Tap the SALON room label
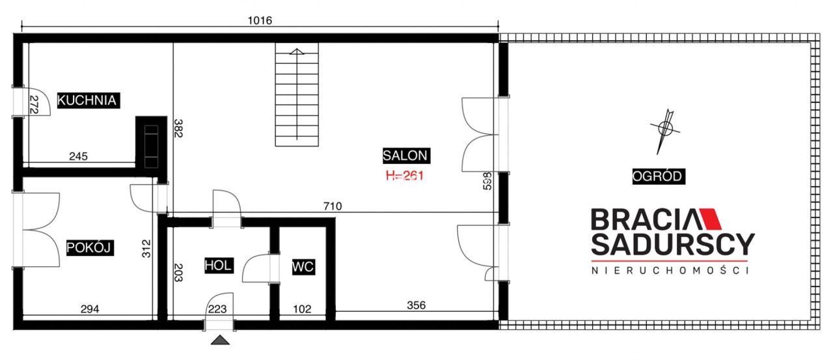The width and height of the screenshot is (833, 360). click(x=406, y=156)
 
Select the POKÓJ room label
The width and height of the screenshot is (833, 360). click(x=90, y=247)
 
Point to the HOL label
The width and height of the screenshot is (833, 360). click(x=219, y=265)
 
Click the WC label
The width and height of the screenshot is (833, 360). click(x=303, y=267)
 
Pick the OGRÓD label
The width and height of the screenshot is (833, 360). click(x=659, y=176)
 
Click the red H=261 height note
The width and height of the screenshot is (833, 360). click(x=405, y=176)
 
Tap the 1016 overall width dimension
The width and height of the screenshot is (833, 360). click(x=260, y=20)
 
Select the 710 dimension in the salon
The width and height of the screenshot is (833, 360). click(x=333, y=206)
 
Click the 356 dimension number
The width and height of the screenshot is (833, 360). click(x=416, y=305)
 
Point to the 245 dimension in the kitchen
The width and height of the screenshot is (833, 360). click(x=79, y=156)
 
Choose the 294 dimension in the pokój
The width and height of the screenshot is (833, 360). click(x=90, y=309)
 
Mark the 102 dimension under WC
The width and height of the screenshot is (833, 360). click(x=302, y=309)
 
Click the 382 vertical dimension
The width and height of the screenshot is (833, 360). click(x=178, y=128)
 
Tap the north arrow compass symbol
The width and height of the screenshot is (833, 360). click(x=665, y=131)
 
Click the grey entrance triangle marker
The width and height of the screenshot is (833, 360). click(x=220, y=340)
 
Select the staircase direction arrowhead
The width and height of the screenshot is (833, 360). click(x=296, y=51)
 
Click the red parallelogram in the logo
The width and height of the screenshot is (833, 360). click(x=711, y=219)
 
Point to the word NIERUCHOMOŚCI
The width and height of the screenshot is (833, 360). click(x=670, y=270)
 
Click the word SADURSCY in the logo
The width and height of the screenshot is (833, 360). click(x=673, y=244)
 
